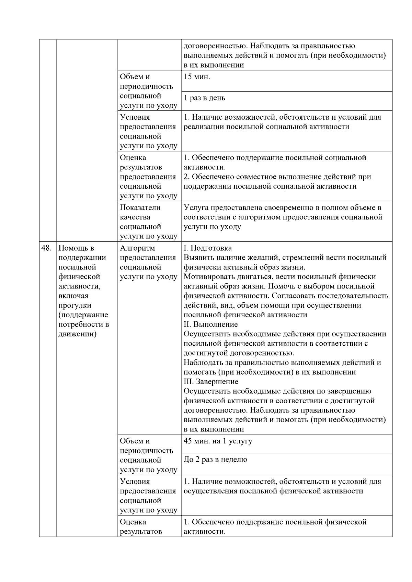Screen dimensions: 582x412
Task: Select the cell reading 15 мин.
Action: (197, 77)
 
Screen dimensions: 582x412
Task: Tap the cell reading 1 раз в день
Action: (204, 98)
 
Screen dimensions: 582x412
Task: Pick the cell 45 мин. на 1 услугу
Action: (218, 441)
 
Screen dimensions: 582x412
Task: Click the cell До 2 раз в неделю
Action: (215, 460)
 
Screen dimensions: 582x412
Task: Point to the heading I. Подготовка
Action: (208, 248)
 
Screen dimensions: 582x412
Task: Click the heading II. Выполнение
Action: (210, 324)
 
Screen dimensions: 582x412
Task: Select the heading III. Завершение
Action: (211, 382)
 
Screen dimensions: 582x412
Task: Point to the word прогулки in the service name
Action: (75, 305)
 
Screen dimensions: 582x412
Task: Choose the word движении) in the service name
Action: (77, 334)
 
